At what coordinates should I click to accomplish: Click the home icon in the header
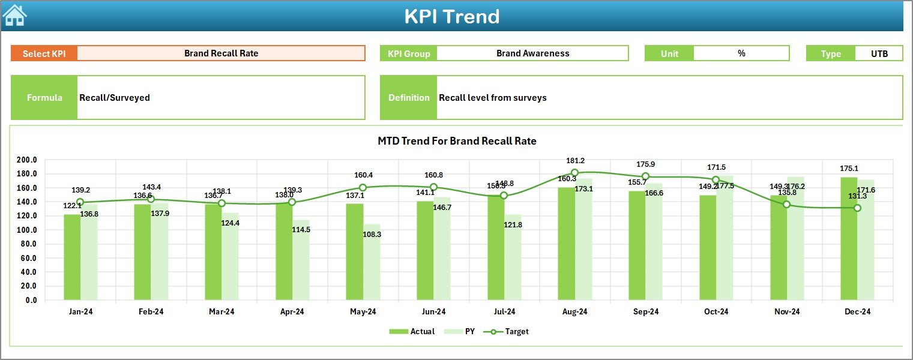point(15,16)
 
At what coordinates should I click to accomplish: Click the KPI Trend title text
point(451,16)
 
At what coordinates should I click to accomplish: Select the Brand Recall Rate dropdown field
point(221,53)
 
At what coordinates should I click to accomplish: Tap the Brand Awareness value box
point(532,53)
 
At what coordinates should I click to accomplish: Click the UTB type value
point(879,53)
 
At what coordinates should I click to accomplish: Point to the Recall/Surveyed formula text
point(115,98)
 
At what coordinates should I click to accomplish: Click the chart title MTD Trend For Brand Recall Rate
point(457,141)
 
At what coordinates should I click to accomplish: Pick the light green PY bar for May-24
point(372,264)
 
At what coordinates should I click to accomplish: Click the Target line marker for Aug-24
point(574,173)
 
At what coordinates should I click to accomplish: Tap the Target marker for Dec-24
point(857,208)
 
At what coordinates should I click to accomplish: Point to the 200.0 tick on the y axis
point(27,160)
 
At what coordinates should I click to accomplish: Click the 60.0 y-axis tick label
point(27,258)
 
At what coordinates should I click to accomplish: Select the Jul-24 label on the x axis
point(504,312)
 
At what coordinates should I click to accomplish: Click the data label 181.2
point(574,161)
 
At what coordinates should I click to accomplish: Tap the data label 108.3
point(372,235)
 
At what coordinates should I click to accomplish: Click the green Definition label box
point(408,98)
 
